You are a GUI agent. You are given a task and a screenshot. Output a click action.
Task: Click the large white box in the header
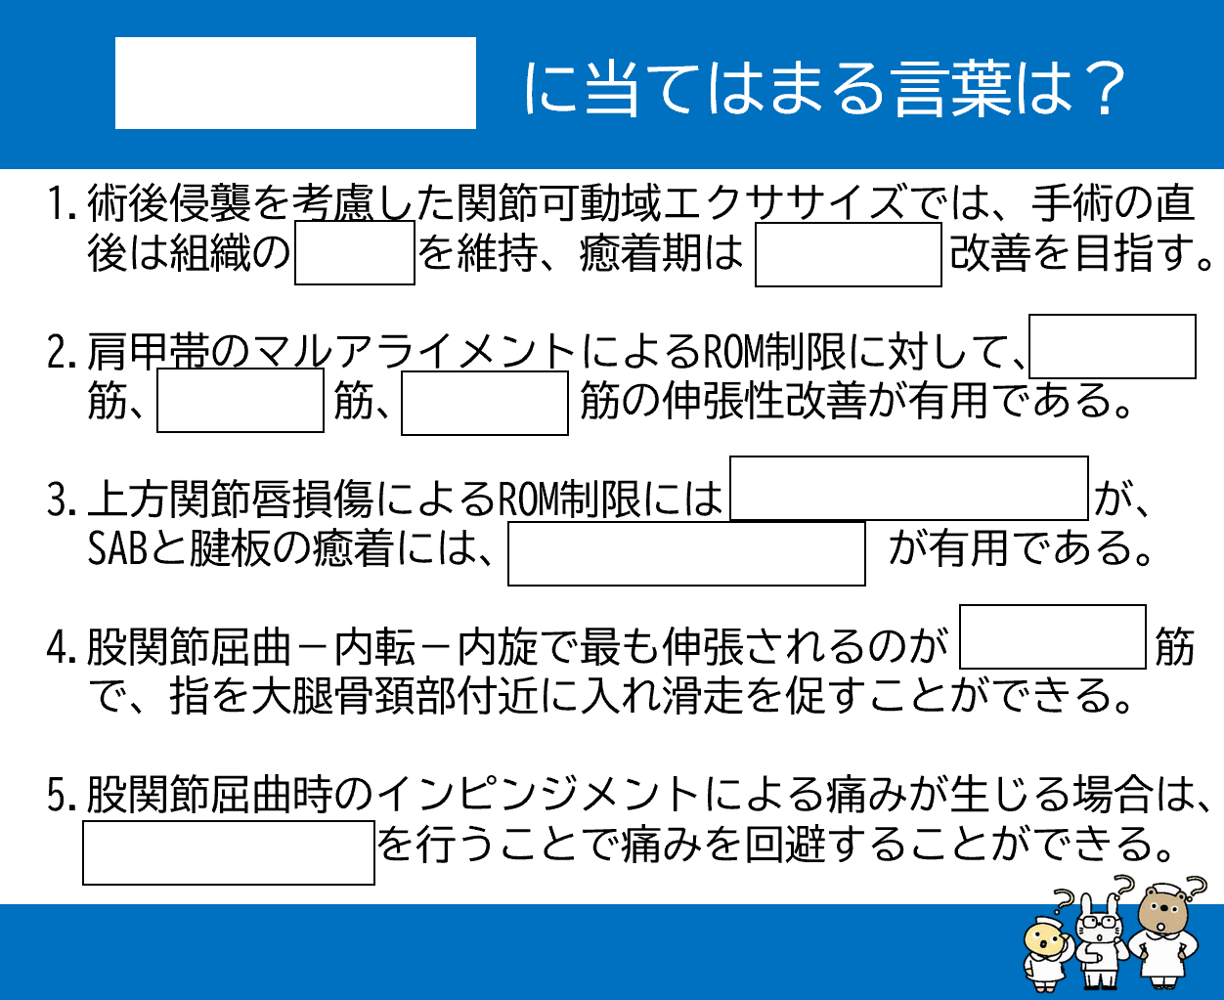point(295,83)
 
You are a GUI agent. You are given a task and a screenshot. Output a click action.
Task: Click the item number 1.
point(61,203)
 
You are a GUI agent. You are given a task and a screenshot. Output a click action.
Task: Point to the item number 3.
point(61,500)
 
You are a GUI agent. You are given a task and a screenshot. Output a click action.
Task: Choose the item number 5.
point(61,795)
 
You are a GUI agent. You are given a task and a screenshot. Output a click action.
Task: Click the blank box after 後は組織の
point(355,252)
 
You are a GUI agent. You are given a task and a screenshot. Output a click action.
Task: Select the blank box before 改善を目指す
point(848,255)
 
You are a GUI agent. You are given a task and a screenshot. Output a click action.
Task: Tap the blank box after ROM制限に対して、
point(1112,346)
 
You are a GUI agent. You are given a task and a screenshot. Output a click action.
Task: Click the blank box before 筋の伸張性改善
point(485,403)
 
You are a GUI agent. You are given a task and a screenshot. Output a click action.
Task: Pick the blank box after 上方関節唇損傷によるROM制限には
point(909,488)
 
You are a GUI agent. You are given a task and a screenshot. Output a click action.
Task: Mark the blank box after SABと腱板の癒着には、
point(686,553)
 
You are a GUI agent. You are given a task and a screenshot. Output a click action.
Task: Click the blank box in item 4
point(1052,636)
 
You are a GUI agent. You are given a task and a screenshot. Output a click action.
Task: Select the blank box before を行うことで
point(229,852)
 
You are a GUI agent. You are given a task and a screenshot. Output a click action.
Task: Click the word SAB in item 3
point(116,549)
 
